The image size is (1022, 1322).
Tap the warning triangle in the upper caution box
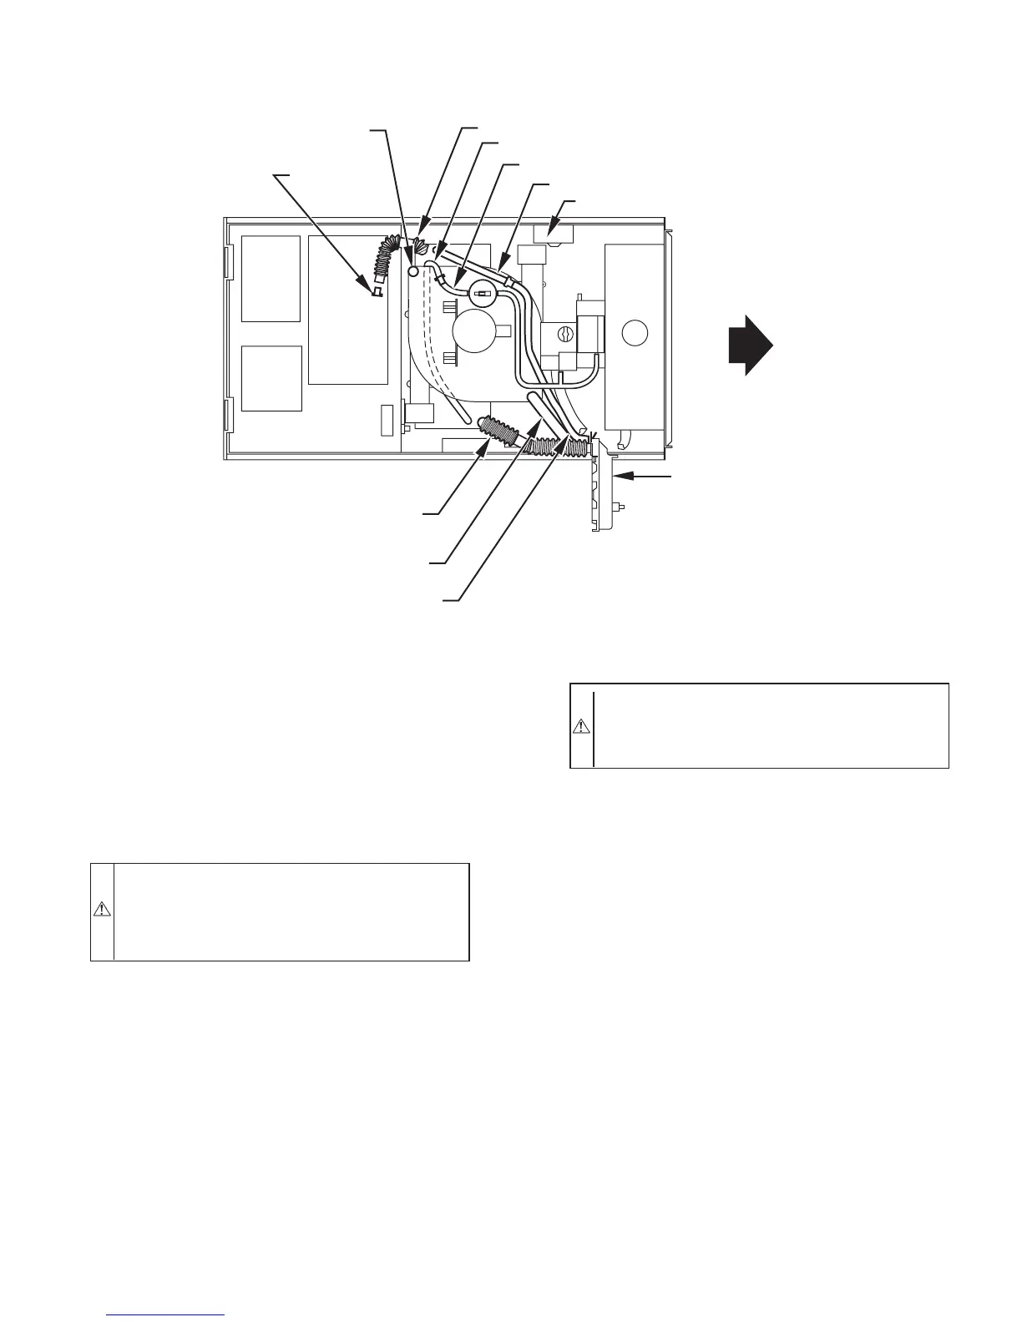click(581, 726)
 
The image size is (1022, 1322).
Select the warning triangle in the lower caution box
click(102, 909)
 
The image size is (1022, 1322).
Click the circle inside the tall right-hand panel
click(635, 332)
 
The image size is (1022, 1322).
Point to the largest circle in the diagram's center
click(474, 331)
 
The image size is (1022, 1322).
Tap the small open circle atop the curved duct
click(412, 272)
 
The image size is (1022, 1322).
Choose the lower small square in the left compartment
click(271, 378)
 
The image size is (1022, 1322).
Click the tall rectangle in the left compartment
click(348, 310)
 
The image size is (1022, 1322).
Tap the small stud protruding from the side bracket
click(621, 507)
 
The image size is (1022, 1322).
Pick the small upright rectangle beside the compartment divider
click(386, 421)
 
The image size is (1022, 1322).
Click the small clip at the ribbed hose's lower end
click(377, 290)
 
